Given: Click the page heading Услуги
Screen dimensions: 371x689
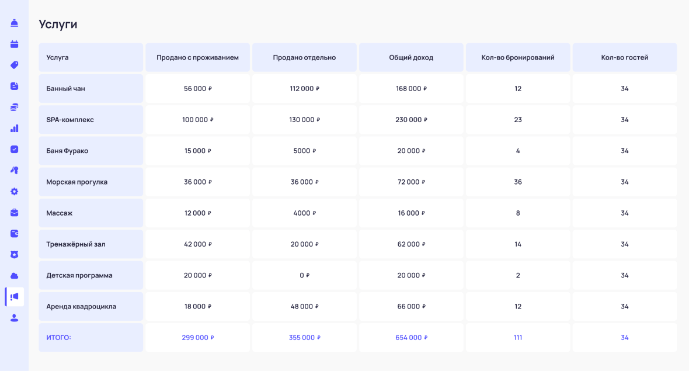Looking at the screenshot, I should (x=58, y=24).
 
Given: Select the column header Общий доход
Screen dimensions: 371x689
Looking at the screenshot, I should (x=411, y=57).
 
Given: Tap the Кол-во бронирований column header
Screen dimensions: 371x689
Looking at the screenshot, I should (x=517, y=57).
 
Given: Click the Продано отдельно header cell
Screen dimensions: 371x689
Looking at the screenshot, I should (x=304, y=57).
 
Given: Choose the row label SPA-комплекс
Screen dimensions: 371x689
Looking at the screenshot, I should (x=70, y=120).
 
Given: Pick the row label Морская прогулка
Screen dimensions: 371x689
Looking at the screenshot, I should (x=77, y=182).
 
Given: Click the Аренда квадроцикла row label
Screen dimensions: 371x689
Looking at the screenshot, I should (x=81, y=307).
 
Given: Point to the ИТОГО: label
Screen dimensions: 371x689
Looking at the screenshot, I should (x=58, y=338).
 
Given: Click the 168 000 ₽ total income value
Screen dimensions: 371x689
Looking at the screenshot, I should (x=411, y=89).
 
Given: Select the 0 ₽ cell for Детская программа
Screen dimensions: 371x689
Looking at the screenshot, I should (x=304, y=275).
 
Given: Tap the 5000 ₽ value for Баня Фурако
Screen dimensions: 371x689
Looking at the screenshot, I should (x=304, y=151).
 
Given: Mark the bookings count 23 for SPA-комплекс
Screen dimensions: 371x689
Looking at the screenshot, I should (x=518, y=120).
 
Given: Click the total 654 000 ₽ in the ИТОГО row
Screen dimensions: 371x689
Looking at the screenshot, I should (x=411, y=338).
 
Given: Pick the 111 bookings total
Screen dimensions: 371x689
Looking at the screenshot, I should (x=518, y=338).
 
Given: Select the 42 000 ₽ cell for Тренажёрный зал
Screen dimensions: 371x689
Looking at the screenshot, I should (x=197, y=244).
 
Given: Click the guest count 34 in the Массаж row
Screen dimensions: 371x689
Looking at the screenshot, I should (x=625, y=213).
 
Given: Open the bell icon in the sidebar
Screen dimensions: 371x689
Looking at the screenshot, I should (x=15, y=23).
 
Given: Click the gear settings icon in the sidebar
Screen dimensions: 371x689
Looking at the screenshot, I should (x=15, y=192).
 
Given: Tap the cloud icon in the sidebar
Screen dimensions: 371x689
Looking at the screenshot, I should (x=15, y=276).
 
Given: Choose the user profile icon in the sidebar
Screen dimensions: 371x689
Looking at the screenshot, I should (x=15, y=318).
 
